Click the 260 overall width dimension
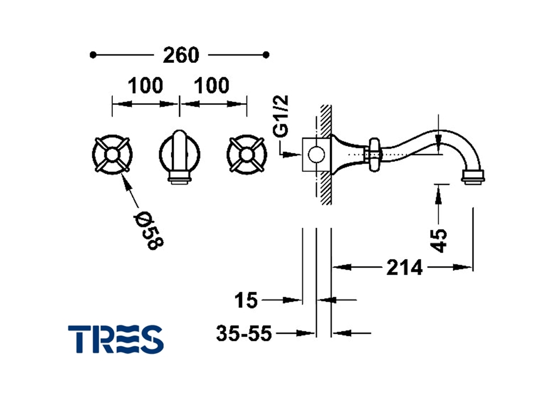click(x=181, y=55)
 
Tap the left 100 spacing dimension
click(x=145, y=85)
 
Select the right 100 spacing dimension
click(x=212, y=85)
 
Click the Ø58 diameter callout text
click(x=148, y=230)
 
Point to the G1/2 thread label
click(x=281, y=116)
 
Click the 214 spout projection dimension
click(x=405, y=268)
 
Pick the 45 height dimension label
click(x=439, y=240)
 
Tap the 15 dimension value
click(x=246, y=300)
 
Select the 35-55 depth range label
click(x=244, y=333)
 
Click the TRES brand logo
click(x=116, y=339)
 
